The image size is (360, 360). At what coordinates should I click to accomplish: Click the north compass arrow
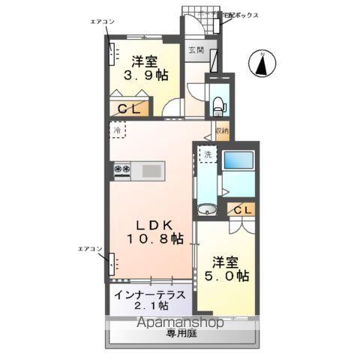pyautogui.click(x=262, y=64)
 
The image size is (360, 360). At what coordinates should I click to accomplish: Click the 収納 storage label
pyautogui.click(x=221, y=130)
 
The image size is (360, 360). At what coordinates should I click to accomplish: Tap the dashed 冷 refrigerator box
pyautogui.click(x=118, y=130)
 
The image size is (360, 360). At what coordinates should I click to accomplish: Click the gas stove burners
pyautogui.click(x=123, y=171)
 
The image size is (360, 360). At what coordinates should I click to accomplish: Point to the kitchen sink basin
pyautogui.click(x=151, y=171)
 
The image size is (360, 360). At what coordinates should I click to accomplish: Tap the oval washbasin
pyautogui.click(x=207, y=208)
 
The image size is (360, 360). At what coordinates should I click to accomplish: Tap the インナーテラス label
pyautogui.click(x=150, y=295)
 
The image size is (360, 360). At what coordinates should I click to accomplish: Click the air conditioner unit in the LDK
pyautogui.click(x=114, y=265)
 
